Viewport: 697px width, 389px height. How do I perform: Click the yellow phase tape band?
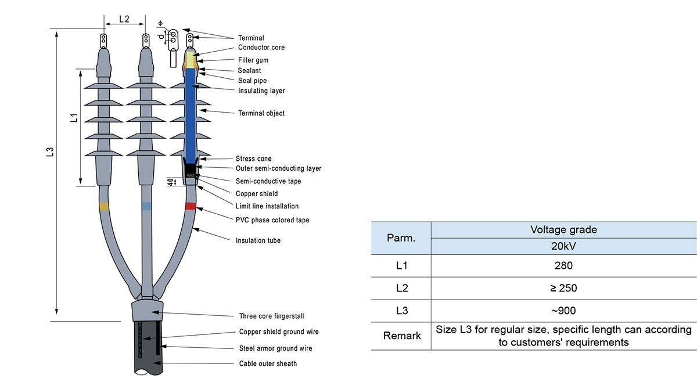point(104,206)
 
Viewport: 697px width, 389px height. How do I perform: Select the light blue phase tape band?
point(147,206)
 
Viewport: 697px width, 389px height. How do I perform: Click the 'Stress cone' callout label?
point(253,159)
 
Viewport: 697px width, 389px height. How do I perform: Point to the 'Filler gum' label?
point(253,60)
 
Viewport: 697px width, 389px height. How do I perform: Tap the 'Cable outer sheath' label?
point(268,364)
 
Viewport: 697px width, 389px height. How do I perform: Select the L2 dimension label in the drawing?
point(124,19)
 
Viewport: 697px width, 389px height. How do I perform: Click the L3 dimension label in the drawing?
point(50,152)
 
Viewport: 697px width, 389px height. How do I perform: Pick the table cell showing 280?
point(563,265)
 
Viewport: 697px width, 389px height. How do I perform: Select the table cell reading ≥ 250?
point(563,288)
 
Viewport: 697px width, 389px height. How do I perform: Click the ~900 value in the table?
point(563,311)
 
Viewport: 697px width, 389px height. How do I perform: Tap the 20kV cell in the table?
point(563,245)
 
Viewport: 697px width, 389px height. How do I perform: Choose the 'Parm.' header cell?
point(401,238)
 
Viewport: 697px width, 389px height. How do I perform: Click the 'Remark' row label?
point(401,336)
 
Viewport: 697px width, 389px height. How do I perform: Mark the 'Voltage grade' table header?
point(563,229)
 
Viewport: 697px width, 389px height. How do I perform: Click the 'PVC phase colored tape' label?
point(272,220)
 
